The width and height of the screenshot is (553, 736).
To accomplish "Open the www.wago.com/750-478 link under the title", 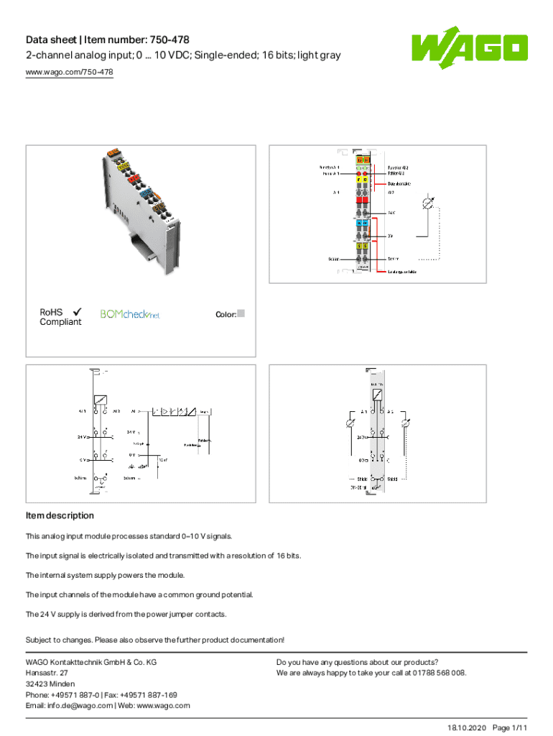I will [69, 72].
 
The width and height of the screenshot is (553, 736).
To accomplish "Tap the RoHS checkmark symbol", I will [76, 312].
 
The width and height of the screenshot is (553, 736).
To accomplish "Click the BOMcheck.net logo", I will [130, 314].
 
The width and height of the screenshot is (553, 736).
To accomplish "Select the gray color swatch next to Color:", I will [241, 313].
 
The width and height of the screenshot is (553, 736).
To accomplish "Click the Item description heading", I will [60, 515].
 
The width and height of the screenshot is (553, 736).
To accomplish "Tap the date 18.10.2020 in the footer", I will [466, 728].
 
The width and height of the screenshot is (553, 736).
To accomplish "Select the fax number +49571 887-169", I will [152, 694].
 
